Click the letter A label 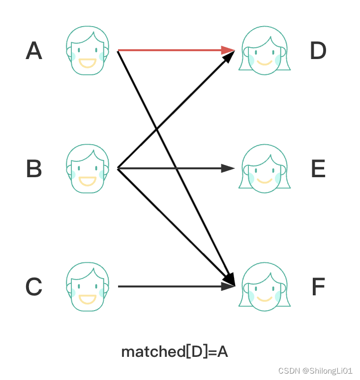tap(34, 51)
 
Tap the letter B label tap(34, 169)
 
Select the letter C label tap(34, 287)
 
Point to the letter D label tap(318, 51)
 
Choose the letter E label tap(318, 169)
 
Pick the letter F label tap(318, 287)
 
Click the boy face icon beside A tap(88, 50)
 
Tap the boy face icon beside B tap(88, 168)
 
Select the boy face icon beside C tap(88, 286)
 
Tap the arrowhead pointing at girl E tap(228, 168)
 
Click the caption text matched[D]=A tap(175, 351)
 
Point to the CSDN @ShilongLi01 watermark tap(315, 371)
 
